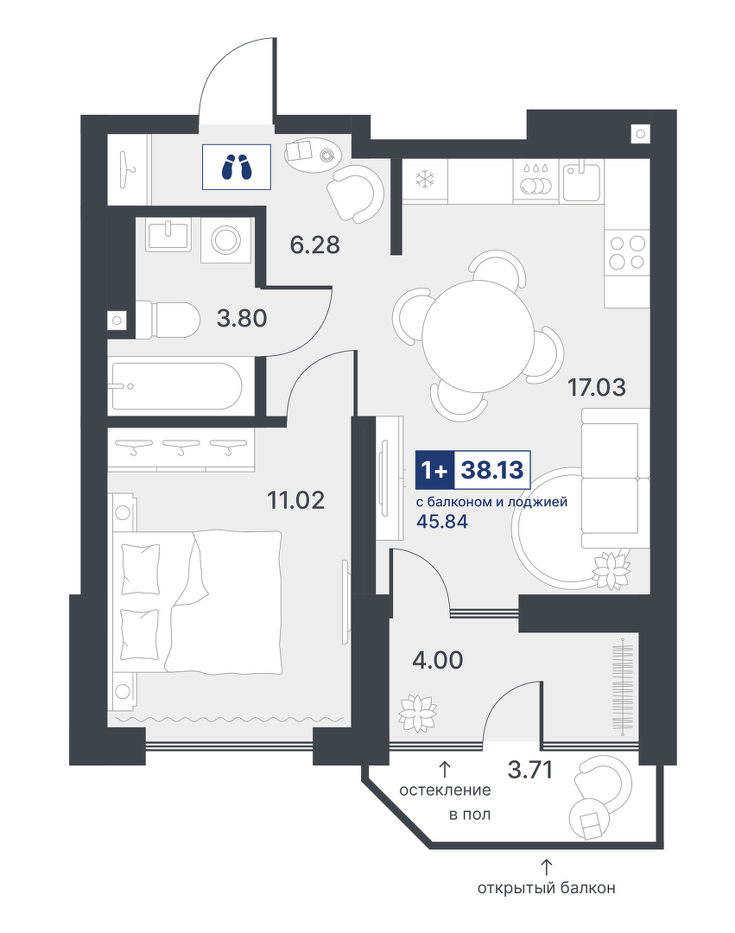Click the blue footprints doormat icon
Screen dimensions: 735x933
(x=237, y=168)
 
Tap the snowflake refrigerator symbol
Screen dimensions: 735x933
(x=425, y=179)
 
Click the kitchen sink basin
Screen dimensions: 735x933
(x=583, y=180)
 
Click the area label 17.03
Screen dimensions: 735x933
(x=597, y=387)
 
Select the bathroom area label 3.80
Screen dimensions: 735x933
(x=242, y=318)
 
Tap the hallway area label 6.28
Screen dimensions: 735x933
(x=314, y=244)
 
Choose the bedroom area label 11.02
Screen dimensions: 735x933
(x=295, y=500)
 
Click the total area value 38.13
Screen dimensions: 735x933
(x=492, y=470)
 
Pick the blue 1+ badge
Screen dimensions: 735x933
(x=434, y=470)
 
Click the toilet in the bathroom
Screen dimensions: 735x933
(x=167, y=321)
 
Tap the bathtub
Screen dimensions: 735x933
(x=174, y=386)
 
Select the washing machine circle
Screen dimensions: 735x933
(x=226, y=240)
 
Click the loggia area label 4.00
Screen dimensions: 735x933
(x=438, y=660)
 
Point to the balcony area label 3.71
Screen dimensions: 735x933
(x=530, y=770)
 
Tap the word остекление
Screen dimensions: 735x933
(x=445, y=790)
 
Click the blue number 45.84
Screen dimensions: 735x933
(x=442, y=522)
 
